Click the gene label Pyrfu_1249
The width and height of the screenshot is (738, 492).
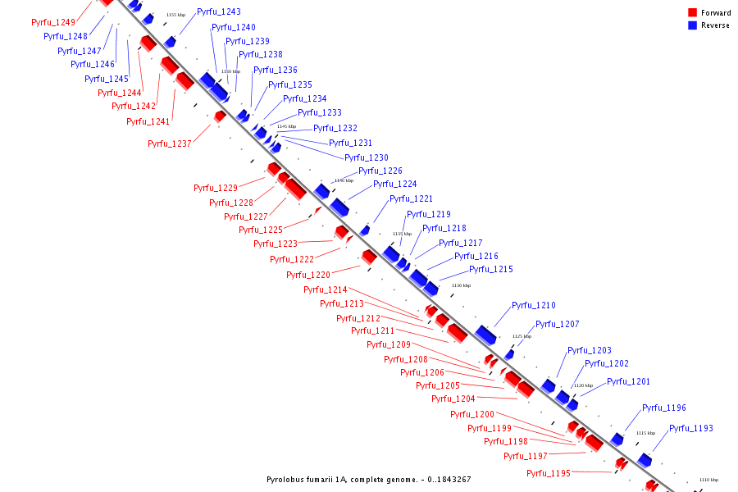53,23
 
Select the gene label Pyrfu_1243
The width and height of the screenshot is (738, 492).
219,12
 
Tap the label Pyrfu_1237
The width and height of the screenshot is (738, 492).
170,144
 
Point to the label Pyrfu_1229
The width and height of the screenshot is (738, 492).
216,189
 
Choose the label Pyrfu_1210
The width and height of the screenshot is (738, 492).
534,306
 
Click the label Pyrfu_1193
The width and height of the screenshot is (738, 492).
691,429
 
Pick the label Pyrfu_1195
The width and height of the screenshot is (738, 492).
549,474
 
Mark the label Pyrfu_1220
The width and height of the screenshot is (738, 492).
308,276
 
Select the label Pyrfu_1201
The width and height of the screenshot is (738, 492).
628,382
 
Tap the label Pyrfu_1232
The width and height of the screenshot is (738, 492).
335,129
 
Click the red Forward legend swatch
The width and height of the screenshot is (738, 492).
692,12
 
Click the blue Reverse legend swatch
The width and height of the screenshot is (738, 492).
692,25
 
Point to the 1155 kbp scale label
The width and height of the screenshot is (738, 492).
175,15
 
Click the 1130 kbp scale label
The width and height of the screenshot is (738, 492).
462,285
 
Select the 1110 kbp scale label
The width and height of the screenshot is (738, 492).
708,480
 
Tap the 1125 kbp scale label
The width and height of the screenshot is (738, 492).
522,336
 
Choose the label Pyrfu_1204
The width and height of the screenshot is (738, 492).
453,399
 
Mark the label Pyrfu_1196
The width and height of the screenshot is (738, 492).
664,408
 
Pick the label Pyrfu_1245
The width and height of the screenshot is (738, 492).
107,80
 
